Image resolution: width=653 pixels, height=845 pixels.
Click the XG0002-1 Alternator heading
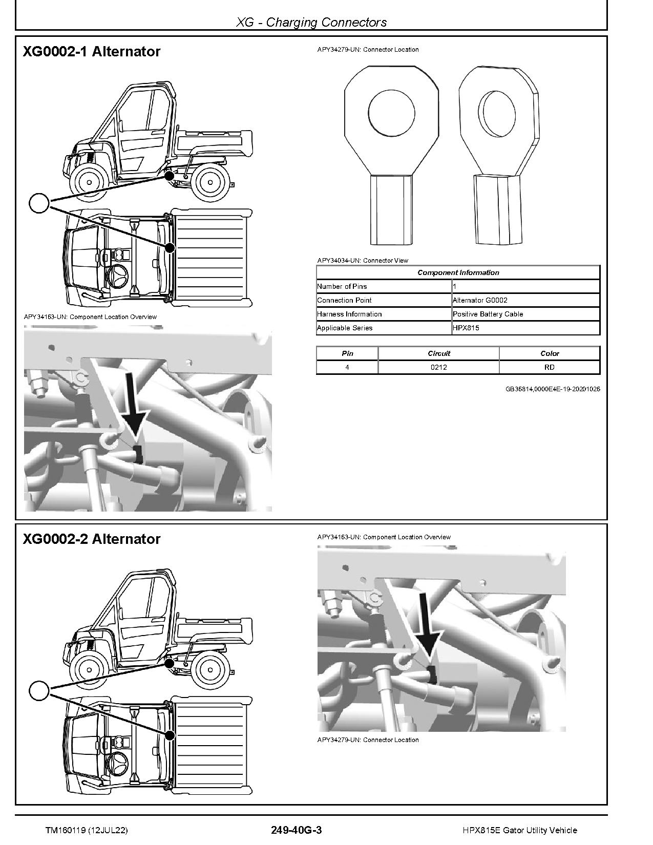pyautogui.click(x=92, y=52)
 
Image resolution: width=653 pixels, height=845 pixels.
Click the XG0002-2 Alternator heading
pyautogui.click(x=92, y=539)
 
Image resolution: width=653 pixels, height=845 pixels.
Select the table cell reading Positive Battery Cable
pyautogui.click(x=488, y=314)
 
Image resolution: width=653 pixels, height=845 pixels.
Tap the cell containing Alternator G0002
pyautogui.click(x=480, y=300)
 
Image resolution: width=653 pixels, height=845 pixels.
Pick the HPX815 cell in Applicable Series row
pyautogui.click(x=466, y=328)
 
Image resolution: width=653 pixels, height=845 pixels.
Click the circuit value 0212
pyautogui.click(x=438, y=367)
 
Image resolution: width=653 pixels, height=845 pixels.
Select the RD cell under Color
pyautogui.click(x=550, y=367)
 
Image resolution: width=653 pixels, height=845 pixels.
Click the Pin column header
pyautogui.click(x=347, y=353)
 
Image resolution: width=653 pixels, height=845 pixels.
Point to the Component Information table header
pyautogui.click(x=458, y=272)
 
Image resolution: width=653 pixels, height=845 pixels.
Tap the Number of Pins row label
pyautogui.click(x=342, y=286)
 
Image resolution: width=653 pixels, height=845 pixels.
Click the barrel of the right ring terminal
pyautogui.click(x=497, y=210)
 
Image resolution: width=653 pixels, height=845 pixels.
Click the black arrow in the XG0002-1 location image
pyautogui.click(x=135, y=405)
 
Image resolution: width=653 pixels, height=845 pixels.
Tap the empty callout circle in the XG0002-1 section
pyautogui.click(x=39, y=203)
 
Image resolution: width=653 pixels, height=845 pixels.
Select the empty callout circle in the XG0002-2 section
pyautogui.click(x=39, y=691)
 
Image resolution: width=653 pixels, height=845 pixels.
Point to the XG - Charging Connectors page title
pyautogui.click(x=311, y=22)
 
